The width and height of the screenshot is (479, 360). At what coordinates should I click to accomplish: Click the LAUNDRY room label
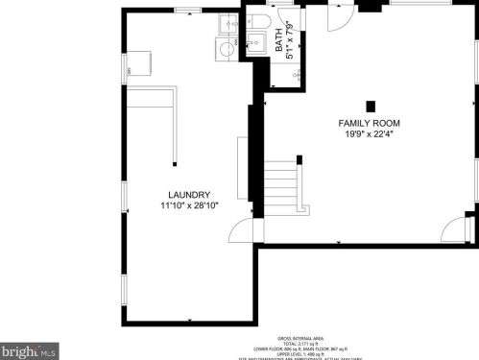coord(189,195)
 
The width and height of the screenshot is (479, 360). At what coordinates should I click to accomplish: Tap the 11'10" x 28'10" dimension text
coord(189,205)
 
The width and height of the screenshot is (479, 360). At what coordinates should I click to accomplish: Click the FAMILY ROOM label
coord(369,124)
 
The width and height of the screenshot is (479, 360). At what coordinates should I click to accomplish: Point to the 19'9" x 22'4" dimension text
coord(369,135)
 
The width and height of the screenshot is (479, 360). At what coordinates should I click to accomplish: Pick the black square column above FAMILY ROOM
coord(369,105)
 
